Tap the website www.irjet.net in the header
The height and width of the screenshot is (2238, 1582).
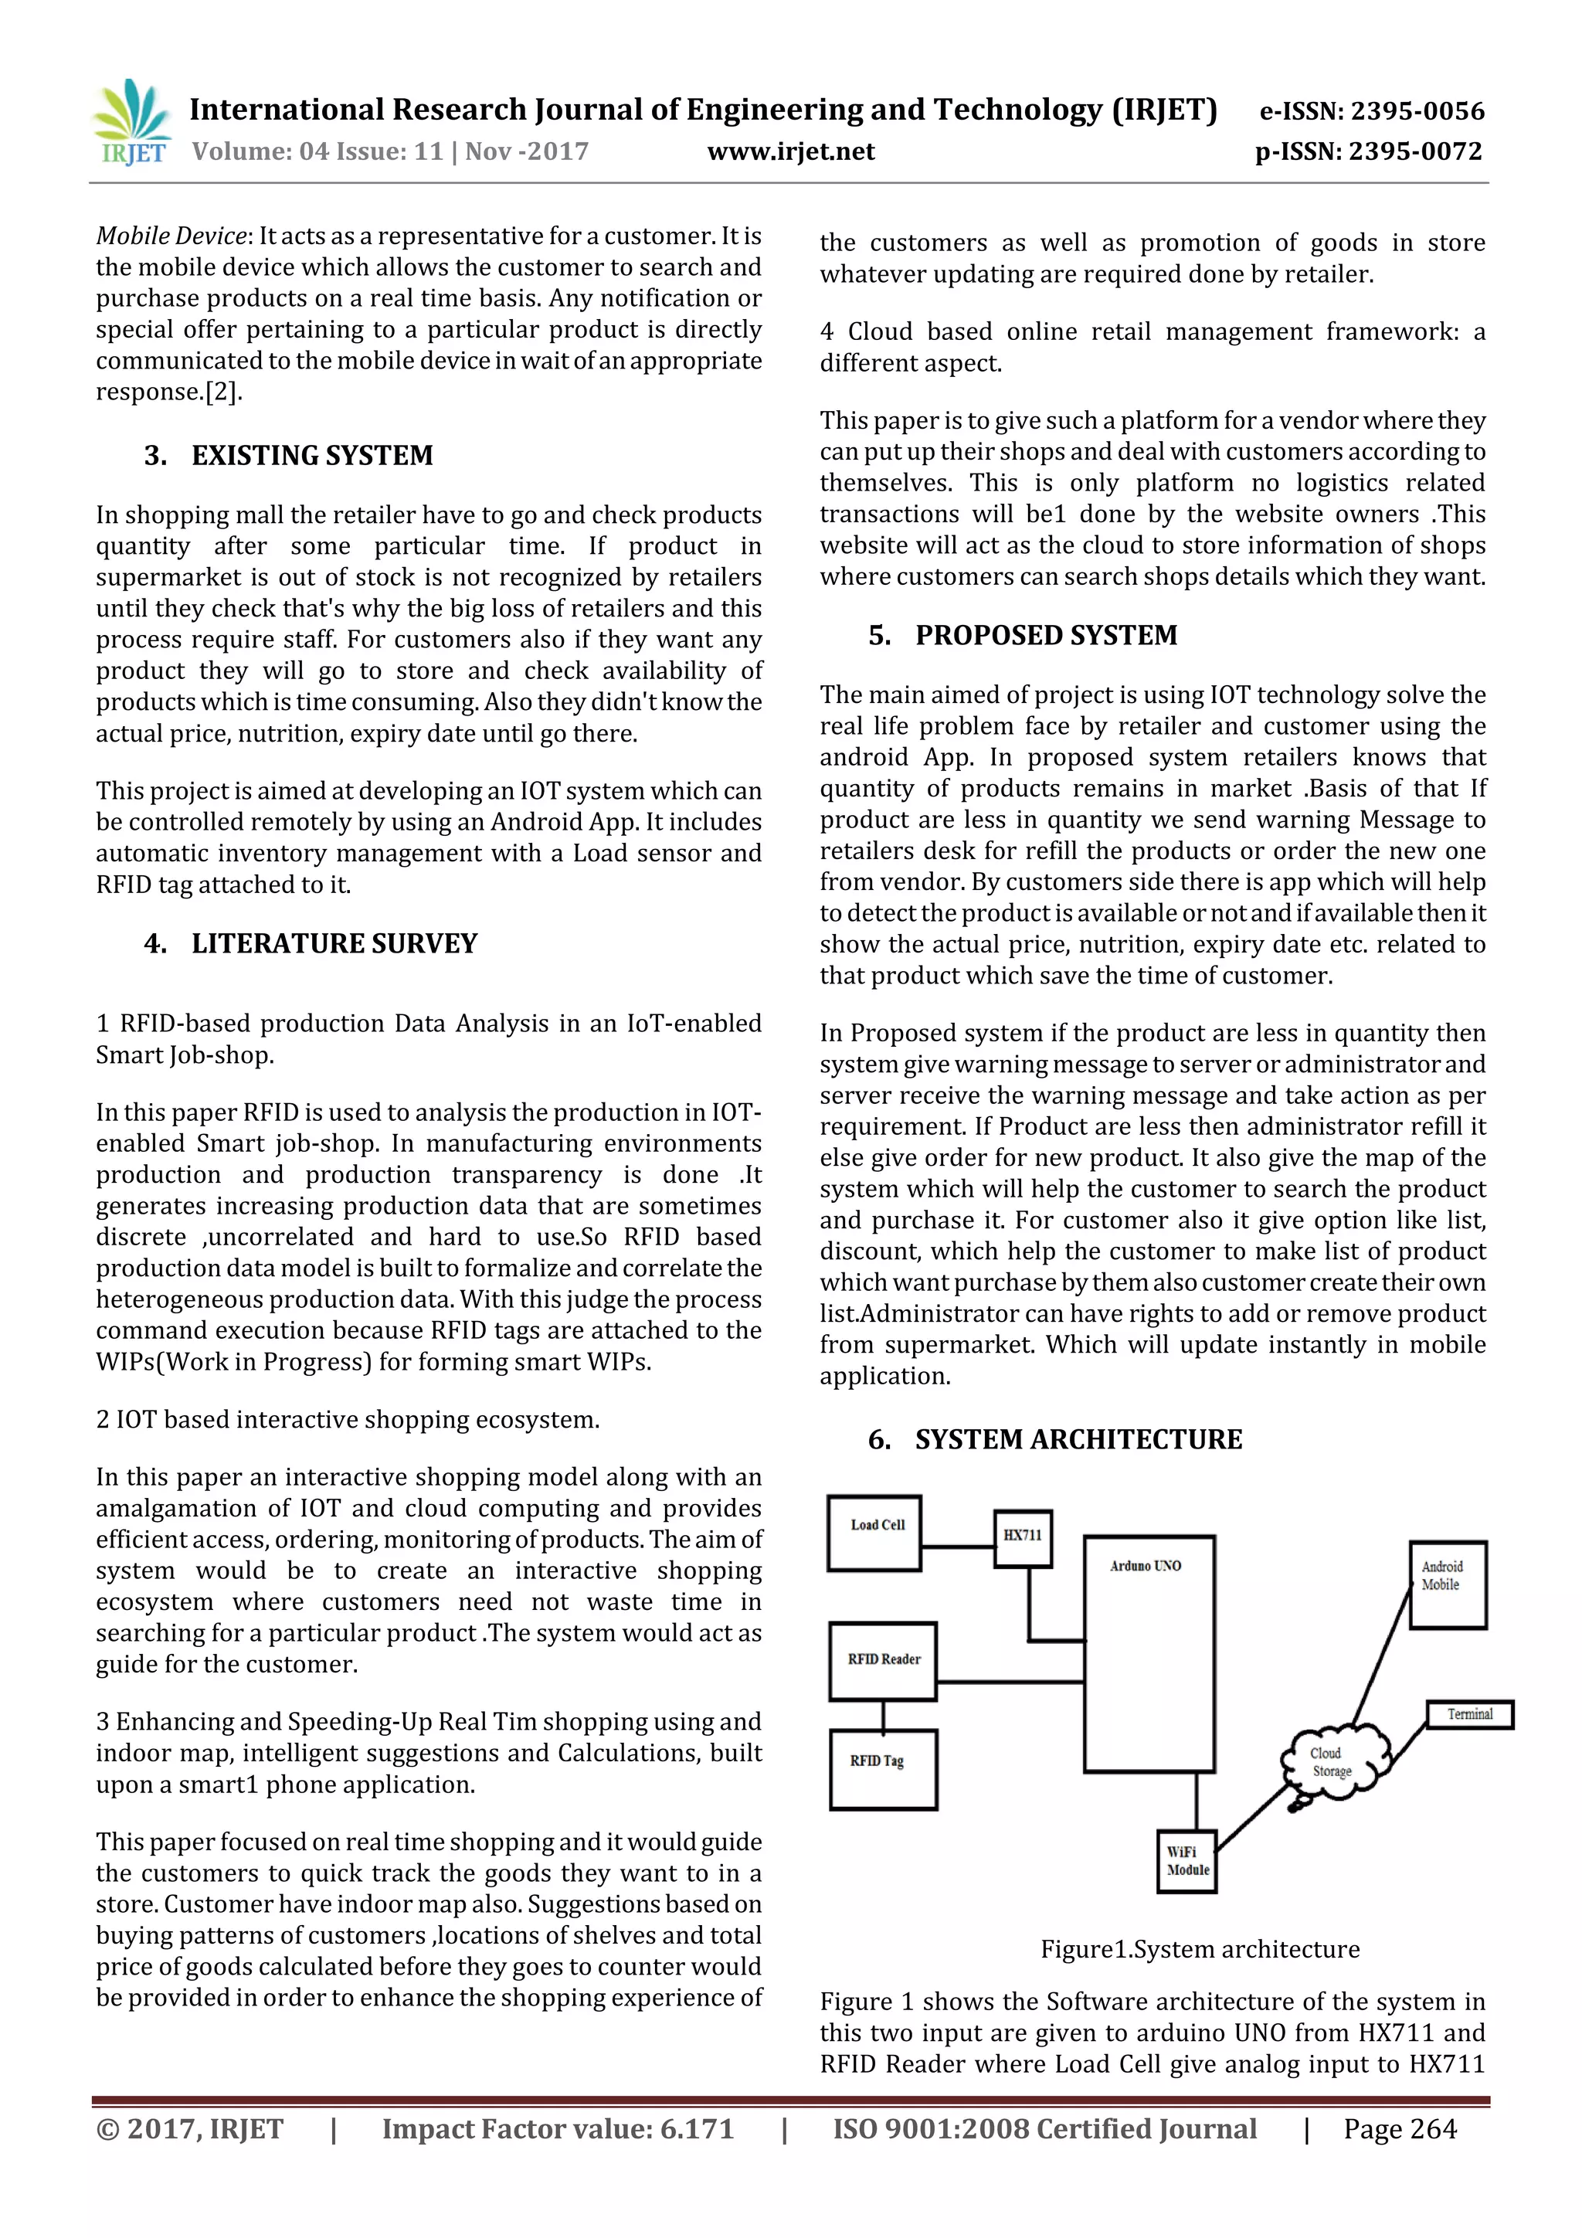pyautogui.click(x=790, y=151)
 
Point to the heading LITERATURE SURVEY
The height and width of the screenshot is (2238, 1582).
pyautogui.click(x=334, y=943)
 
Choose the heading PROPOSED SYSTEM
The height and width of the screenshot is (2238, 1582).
pyautogui.click(x=1046, y=636)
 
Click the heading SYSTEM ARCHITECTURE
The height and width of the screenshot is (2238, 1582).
pyautogui.click(x=1078, y=1440)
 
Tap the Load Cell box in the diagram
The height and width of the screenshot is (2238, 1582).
pyautogui.click(x=874, y=1534)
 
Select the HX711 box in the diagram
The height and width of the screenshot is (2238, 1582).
pyautogui.click(x=1023, y=1539)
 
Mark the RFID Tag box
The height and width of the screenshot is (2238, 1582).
pyautogui.click(x=882, y=1769)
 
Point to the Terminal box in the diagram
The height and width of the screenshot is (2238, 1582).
pyautogui.click(x=1469, y=1714)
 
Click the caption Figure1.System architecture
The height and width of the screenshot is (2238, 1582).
pyautogui.click(x=1200, y=1950)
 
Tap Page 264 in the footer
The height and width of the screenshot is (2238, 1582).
pyautogui.click(x=1400, y=2130)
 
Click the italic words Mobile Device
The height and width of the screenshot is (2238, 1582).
pyautogui.click(x=171, y=236)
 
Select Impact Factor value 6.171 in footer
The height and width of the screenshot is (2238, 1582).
pyautogui.click(x=558, y=2130)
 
